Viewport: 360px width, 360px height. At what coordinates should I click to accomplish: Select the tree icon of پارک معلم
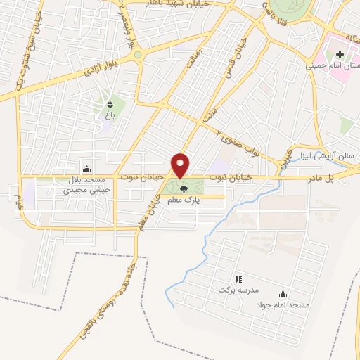184,189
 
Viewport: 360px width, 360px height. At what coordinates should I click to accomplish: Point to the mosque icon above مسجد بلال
86,169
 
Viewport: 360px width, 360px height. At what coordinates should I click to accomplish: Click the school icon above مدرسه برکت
238,279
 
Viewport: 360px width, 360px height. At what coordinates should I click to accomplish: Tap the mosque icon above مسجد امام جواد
283,293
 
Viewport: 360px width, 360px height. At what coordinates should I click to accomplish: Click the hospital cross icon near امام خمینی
340,54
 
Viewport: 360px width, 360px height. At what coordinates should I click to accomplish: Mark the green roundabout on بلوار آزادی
139,54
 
